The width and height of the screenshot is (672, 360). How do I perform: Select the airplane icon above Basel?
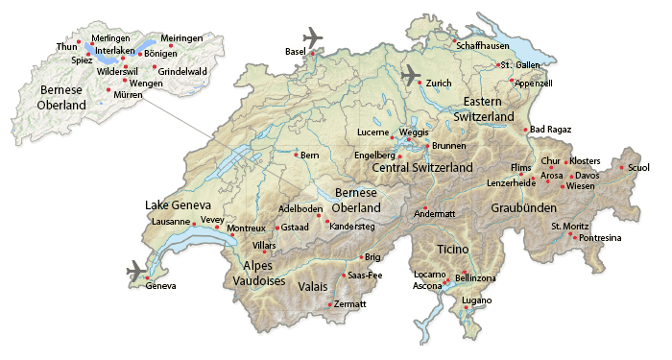coord(313,37)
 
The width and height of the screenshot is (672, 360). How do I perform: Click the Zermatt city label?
coord(350,304)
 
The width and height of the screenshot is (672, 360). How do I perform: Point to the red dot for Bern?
coord(296,154)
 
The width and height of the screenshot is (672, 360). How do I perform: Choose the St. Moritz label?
coord(569,226)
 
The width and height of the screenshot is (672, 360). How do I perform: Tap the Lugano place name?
coord(476,300)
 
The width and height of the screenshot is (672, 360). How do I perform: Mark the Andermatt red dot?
coord(426,207)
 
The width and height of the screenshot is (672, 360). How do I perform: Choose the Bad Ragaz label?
coord(550,130)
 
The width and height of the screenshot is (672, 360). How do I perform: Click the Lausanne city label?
coord(171,222)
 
